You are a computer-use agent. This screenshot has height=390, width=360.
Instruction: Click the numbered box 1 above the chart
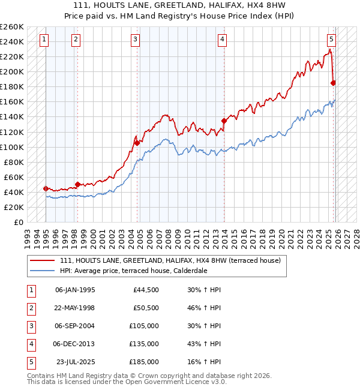pyautogui.click(x=44, y=40)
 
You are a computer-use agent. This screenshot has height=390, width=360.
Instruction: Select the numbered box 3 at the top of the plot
pyautogui.click(x=136, y=40)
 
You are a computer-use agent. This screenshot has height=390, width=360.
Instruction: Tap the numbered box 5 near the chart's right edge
pyautogui.click(x=331, y=40)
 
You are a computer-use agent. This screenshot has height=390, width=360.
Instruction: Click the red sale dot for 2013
pyautogui.click(x=224, y=121)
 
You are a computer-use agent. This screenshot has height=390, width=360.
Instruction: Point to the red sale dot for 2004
pyautogui.click(x=137, y=143)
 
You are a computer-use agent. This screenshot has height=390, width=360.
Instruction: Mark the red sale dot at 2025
pyautogui.click(x=333, y=83)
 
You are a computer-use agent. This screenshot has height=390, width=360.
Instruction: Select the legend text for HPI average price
pyautogui.click(x=133, y=271)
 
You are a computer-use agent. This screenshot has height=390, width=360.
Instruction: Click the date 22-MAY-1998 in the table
pyautogui.click(x=74, y=308)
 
